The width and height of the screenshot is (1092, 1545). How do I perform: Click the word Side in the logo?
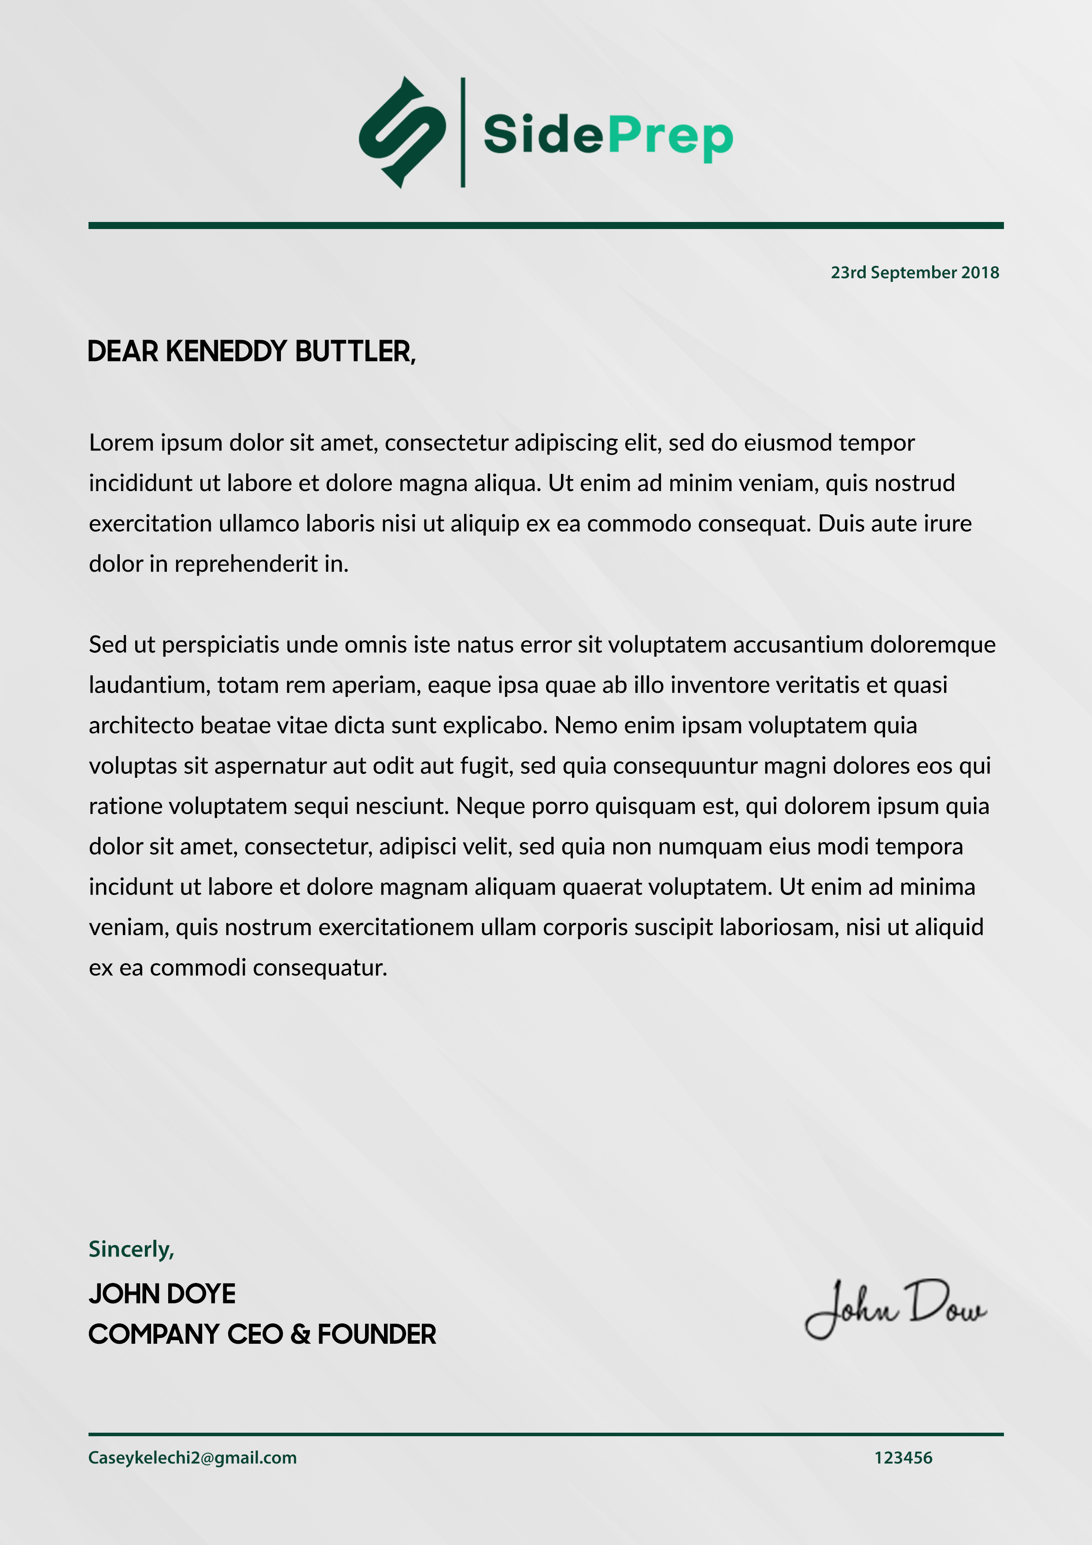[543, 135]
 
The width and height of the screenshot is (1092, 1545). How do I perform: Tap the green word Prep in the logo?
[670, 137]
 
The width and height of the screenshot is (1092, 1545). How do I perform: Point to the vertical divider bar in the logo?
[463, 133]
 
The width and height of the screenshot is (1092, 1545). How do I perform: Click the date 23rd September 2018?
[915, 273]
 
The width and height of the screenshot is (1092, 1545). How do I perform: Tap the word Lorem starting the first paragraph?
[122, 443]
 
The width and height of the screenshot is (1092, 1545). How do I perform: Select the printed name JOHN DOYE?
[162, 1294]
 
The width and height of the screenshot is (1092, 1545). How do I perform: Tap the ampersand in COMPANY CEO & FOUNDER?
[300, 1334]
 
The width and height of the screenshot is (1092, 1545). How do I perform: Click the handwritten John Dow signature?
[895, 1309]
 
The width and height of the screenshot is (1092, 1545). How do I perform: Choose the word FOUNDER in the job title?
[377, 1334]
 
